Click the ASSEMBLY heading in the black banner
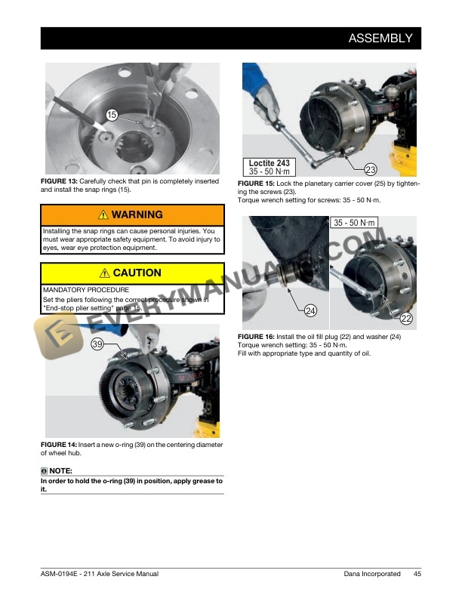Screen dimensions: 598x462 pos(380,39)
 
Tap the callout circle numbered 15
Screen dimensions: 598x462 pos(111,115)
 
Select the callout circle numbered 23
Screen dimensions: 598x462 pos(371,169)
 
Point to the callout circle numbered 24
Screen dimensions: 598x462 pos(310,310)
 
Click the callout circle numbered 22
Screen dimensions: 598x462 pos(406,319)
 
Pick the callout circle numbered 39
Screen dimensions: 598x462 pos(97,344)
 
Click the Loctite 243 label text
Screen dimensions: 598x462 pos(269,163)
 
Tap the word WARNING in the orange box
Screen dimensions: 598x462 pos(137,215)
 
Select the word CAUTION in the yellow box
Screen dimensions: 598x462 pos(137,273)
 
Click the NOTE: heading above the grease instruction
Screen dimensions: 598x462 pos(59,471)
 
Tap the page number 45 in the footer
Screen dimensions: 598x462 pos(417,574)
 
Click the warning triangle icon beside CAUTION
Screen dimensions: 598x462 pos(105,273)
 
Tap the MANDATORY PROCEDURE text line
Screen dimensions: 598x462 pos(86,290)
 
